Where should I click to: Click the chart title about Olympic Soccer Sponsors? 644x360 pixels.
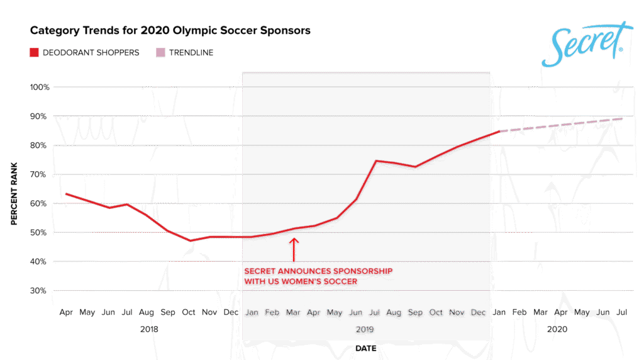tap(170, 30)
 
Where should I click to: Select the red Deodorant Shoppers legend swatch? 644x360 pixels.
tap(35, 53)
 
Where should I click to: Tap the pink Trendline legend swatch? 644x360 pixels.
tap(160, 53)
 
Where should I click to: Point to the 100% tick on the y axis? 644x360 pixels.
tap(39, 87)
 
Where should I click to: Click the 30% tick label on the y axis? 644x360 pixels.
tap(39, 291)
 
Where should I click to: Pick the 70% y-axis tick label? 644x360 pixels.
tap(39, 174)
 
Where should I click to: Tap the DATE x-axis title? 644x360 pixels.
tap(366, 347)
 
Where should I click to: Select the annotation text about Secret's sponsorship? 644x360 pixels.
tap(318, 276)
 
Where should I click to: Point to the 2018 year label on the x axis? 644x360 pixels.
tap(149, 329)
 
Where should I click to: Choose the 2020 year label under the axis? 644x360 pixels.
tap(557, 329)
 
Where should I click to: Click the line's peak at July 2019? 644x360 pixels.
tap(376, 161)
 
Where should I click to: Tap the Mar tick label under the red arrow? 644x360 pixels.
tap(293, 312)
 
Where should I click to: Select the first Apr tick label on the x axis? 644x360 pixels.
tap(65, 312)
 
